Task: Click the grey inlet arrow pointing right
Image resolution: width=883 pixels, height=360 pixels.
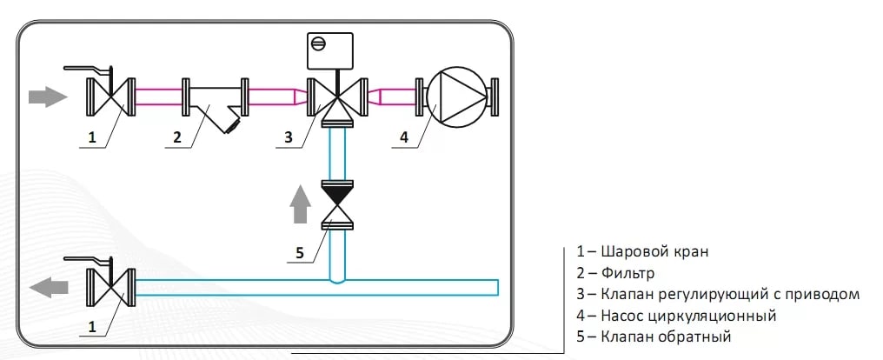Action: tap(48, 97)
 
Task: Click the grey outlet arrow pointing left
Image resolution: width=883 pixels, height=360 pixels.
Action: tap(49, 287)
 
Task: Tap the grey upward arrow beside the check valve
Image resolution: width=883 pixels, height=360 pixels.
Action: tap(301, 203)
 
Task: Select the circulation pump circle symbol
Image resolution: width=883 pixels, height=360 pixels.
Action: tap(456, 97)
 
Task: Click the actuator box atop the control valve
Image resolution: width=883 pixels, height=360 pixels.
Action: tap(329, 50)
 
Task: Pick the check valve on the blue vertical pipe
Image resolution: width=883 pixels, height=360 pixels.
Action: tap(337, 204)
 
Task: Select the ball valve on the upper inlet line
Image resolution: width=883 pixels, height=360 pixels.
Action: tap(110, 97)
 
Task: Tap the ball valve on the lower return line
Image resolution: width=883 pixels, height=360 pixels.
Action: tap(110, 287)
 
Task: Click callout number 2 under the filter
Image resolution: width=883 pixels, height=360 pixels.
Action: tap(176, 137)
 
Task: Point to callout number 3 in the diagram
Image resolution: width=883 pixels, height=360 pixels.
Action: tap(289, 137)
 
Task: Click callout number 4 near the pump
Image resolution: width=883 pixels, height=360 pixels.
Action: tap(404, 137)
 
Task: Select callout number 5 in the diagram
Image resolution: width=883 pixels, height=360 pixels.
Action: tap(300, 253)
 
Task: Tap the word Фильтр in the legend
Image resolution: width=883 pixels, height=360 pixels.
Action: tap(627, 274)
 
